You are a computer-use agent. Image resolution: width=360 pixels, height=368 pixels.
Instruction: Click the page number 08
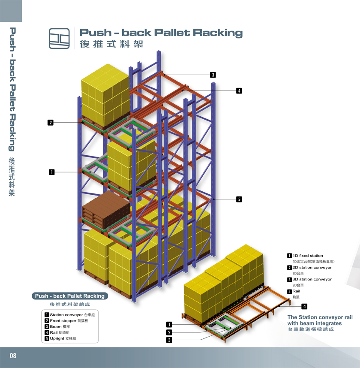(x=13, y=356)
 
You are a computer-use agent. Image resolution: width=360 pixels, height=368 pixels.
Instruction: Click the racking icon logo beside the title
(x=60, y=38)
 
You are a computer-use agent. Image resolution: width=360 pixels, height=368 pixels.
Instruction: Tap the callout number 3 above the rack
(x=213, y=75)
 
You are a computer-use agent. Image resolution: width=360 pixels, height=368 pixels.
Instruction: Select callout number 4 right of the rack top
(x=239, y=90)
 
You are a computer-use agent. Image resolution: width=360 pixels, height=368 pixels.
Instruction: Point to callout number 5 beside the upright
(x=239, y=199)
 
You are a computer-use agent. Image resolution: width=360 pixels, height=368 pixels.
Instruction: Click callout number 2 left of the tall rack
(x=50, y=123)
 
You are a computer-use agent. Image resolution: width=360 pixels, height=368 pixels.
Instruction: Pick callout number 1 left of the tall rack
(x=51, y=172)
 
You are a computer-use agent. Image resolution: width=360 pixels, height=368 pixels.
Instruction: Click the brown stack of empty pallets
(x=106, y=210)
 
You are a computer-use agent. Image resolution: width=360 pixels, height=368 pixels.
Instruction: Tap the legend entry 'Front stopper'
(x=69, y=321)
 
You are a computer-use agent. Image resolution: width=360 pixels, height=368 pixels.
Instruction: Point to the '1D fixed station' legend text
(x=307, y=256)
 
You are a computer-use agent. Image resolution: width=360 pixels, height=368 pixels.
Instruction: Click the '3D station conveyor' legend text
(x=312, y=279)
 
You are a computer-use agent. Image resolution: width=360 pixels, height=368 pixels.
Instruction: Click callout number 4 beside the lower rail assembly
(x=304, y=306)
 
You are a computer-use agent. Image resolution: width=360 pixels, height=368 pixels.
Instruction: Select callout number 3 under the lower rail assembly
(x=169, y=340)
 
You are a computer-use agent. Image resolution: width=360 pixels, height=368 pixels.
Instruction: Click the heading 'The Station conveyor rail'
(x=320, y=317)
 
